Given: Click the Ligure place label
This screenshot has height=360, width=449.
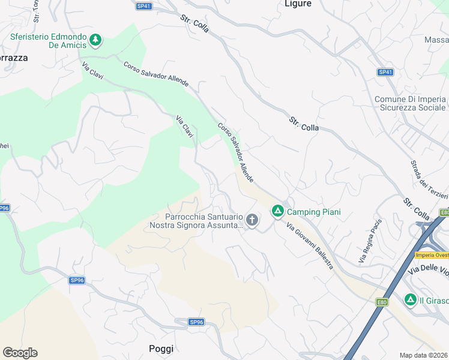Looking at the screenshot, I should tap(298, 4).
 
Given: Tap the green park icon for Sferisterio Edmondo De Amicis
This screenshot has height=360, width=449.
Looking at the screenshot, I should tap(95, 40).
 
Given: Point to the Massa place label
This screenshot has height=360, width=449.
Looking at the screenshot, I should tap(436, 40).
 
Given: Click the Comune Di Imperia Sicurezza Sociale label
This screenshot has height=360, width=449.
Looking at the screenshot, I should tap(411, 103).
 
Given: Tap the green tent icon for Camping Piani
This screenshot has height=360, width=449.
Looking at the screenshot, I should tap(277, 211).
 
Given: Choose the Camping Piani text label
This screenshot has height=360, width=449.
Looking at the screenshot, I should tap(313, 212).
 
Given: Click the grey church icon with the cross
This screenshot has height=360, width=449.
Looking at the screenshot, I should tap(252, 220).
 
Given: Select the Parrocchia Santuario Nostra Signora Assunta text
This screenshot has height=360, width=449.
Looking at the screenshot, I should tap(196, 221).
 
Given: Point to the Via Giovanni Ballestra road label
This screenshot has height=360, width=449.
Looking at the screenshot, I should tap(309, 246).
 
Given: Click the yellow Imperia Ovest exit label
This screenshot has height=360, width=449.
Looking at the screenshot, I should tap(432, 255).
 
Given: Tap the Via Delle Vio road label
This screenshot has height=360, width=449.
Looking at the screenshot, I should tap(428, 272).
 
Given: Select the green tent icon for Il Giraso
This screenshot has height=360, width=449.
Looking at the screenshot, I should tap(411, 299).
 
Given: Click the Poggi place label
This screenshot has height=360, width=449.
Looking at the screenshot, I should tap(161, 349).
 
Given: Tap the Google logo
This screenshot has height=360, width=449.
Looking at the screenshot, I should tap(20, 353).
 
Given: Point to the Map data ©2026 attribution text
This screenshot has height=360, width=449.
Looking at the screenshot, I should tap(424, 355).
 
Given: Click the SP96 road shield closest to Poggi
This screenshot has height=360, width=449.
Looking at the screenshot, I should tap(197, 322).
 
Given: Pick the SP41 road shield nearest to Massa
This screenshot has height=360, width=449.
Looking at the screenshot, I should tap(385, 72).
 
